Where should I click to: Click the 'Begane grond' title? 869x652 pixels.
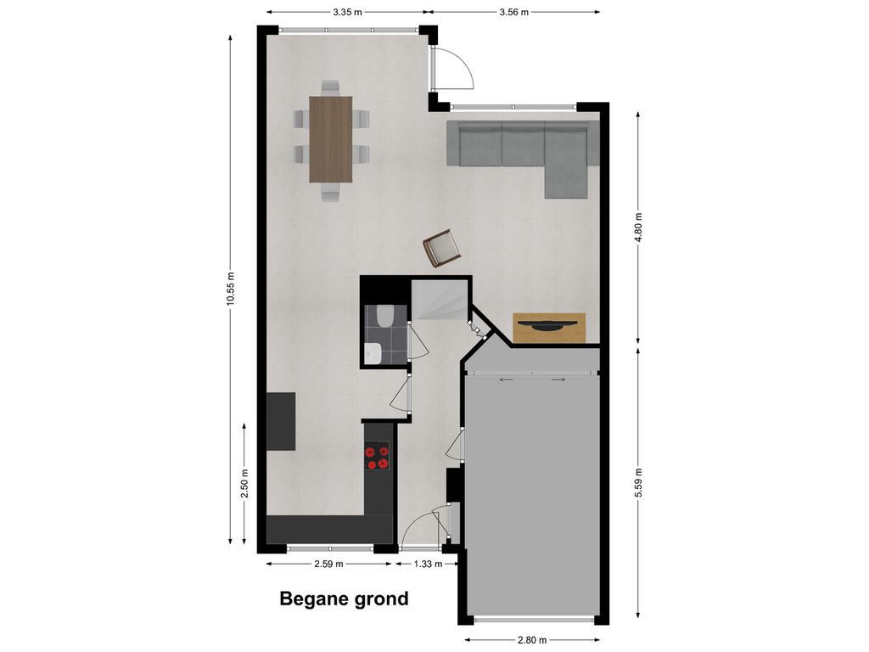344,599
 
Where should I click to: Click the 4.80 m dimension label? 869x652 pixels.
639,227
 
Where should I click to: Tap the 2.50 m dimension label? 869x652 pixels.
244,484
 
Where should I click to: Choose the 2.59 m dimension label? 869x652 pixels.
328,564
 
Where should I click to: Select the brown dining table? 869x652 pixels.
330,139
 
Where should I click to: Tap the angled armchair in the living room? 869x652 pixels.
442,247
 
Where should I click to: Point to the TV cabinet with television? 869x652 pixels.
549,328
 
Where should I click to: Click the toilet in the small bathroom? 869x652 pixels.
384,316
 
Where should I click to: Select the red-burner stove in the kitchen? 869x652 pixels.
378,458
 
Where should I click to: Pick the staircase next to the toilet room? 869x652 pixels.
440,301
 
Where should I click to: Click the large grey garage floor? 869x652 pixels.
532,492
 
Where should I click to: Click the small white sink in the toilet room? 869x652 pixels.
372,351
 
